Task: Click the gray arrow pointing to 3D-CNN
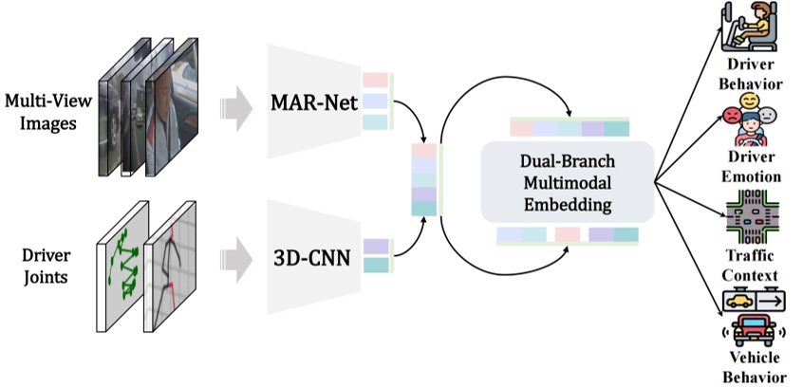[x=234, y=259]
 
